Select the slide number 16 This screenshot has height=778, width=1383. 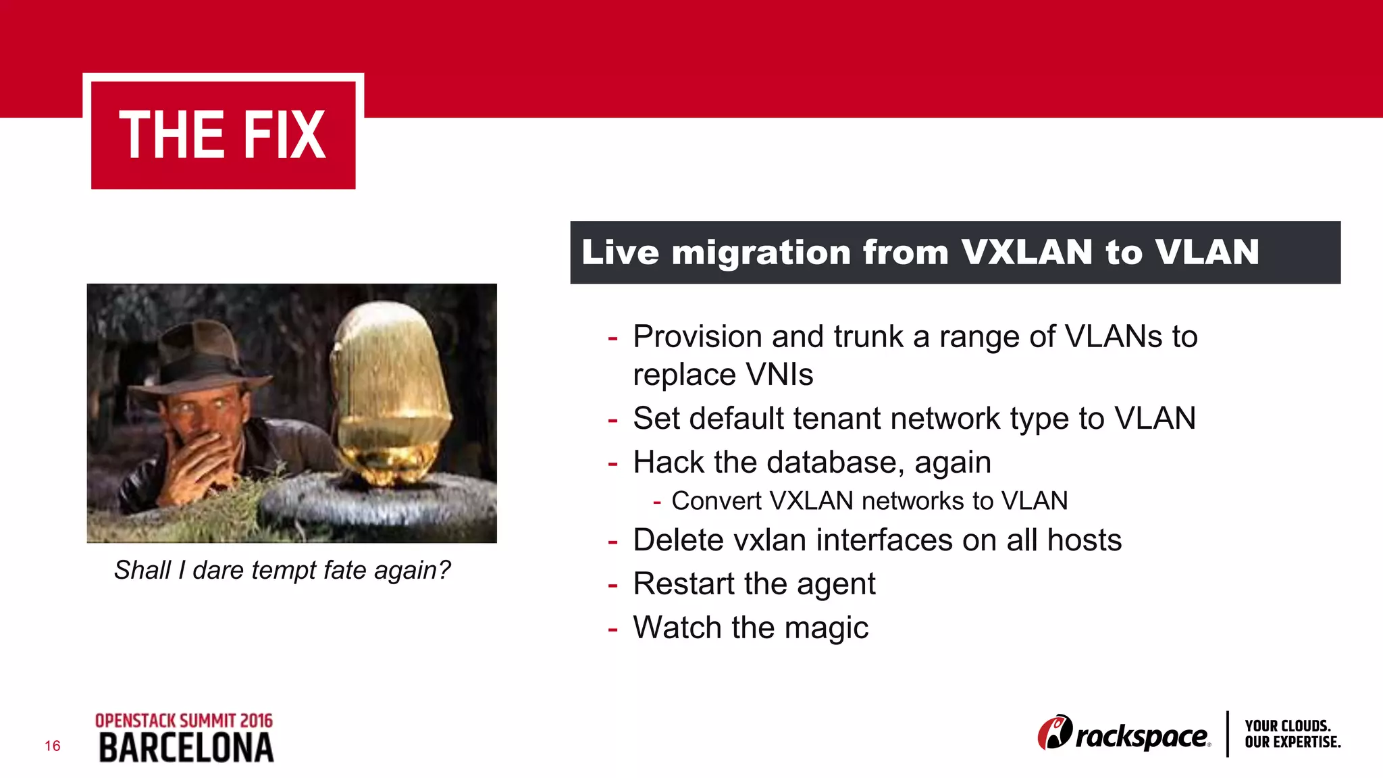pos(53,746)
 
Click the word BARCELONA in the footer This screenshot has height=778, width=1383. pos(186,748)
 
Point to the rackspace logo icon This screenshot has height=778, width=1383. pos(1054,733)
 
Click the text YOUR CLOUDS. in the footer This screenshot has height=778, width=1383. pos(1287,726)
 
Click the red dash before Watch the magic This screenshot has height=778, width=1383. pos(612,629)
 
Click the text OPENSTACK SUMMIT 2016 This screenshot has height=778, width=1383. pos(184,721)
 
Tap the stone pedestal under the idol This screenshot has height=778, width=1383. pos(378,503)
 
